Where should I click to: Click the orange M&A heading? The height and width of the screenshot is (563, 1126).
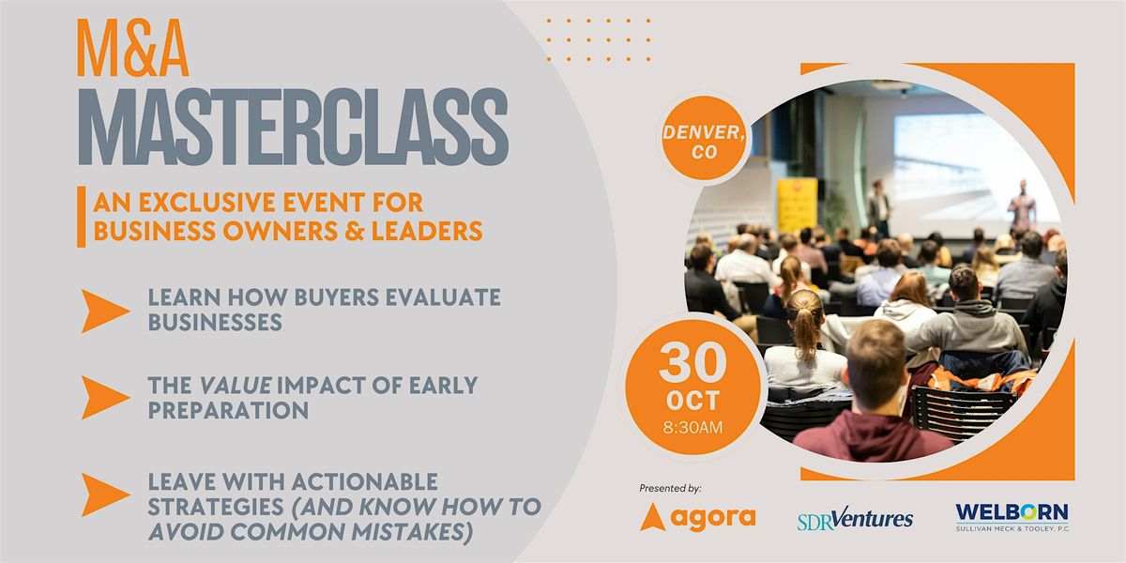[132, 48]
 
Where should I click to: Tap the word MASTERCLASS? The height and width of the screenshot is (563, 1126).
[294, 128]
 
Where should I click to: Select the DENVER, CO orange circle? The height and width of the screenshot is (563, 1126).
[704, 139]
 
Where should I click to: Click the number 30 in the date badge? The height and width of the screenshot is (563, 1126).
[692, 362]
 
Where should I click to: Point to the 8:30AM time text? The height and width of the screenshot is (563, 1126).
[692, 427]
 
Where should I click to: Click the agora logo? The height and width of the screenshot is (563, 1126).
[698, 517]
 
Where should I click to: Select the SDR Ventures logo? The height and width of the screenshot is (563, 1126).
[855, 519]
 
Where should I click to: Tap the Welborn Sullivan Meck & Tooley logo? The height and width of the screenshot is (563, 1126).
[1012, 517]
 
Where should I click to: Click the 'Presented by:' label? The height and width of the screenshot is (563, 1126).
[670, 488]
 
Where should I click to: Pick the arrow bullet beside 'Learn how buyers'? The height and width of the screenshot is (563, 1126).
[103, 311]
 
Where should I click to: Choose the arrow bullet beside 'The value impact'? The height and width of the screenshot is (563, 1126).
[103, 397]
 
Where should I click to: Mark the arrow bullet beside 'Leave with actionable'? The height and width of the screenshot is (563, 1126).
[103, 495]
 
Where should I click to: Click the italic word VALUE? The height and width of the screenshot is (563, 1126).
[236, 386]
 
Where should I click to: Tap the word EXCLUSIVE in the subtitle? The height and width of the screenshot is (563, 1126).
[206, 203]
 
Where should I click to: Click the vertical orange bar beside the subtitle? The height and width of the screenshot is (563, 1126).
[81, 217]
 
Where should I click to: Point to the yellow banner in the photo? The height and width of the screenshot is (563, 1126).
[798, 205]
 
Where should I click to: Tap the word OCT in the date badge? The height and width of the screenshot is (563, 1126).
[692, 401]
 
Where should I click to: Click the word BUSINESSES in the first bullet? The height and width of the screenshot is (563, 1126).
[215, 322]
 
